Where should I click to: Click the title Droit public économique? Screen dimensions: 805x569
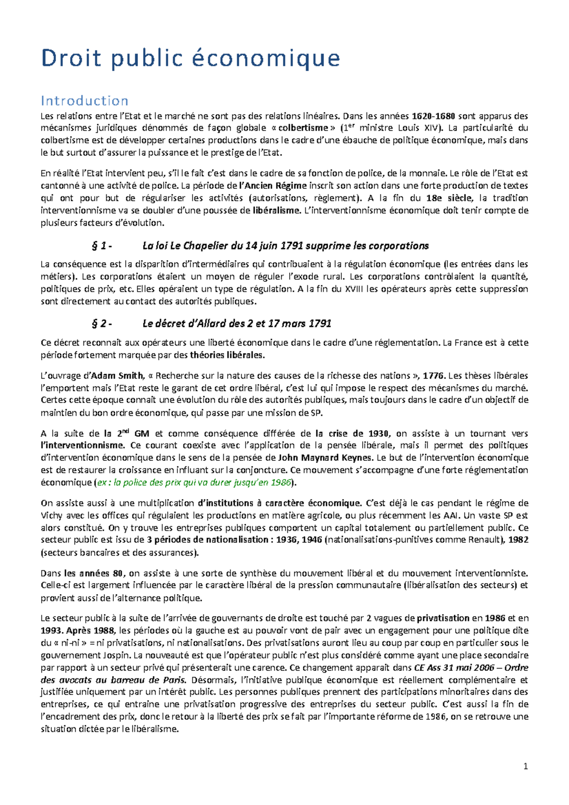190,58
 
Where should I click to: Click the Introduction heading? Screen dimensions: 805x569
84,101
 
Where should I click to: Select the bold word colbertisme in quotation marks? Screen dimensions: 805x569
303,128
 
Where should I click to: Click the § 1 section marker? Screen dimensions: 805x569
101,246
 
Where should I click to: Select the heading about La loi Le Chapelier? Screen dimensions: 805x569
285,246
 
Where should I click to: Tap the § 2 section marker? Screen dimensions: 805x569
101,324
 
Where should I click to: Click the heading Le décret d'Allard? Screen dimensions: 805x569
237,324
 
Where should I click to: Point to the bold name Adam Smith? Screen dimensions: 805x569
116,376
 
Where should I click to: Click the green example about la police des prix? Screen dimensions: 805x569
193,483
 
